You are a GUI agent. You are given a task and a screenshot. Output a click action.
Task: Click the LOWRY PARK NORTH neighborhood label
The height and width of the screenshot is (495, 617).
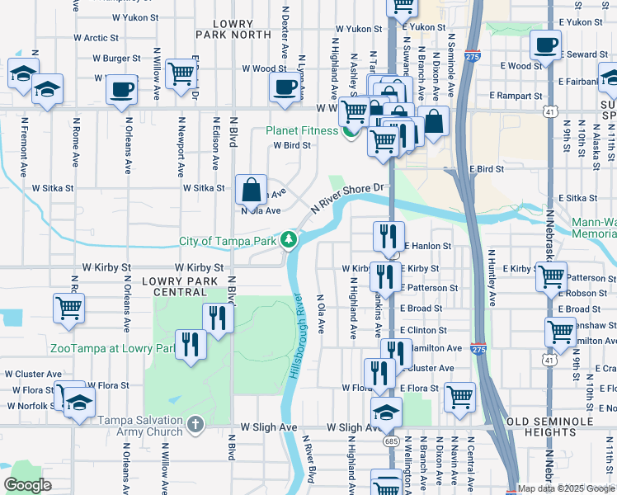tap(233, 30)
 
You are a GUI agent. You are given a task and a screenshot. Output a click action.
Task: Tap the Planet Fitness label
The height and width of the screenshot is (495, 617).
tap(301, 130)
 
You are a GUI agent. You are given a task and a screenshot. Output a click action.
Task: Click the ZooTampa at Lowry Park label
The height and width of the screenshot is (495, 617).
tap(113, 349)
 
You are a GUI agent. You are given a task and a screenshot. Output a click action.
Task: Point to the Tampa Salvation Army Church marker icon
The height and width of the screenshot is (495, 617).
tap(195, 425)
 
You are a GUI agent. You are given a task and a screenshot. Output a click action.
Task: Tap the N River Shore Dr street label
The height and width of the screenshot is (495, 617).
tap(348, 198)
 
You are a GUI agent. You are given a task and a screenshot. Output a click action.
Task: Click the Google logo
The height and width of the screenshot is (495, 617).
tap(28, 484)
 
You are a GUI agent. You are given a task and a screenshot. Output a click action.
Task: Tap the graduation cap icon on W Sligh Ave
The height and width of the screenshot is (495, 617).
tap(386, 412)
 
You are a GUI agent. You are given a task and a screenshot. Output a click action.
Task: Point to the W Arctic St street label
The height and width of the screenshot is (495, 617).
tap(97, 37)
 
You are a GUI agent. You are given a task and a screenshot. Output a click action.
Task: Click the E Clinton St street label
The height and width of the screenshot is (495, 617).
tap(423, 330)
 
